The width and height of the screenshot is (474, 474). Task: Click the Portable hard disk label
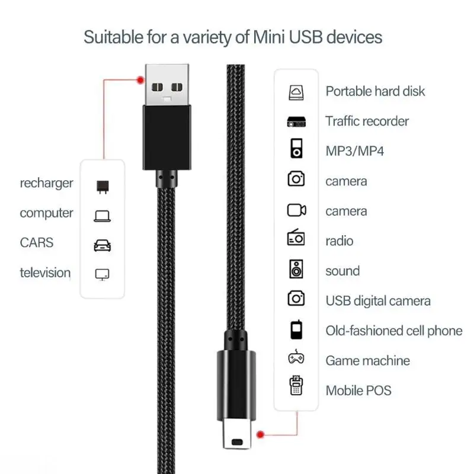click(375, 91)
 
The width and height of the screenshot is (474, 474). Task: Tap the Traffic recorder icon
click(296, 121)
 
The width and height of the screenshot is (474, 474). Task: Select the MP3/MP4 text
click(354, 151)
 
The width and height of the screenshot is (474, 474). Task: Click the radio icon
click(296, 239)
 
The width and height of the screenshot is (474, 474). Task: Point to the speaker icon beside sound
click(296, 269)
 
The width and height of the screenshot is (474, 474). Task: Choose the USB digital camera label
click(378, 301)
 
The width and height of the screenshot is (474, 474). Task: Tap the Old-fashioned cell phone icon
click(296, 330)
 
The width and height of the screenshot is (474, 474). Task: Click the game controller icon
click(296, 358)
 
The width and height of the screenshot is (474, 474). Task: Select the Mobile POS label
click(358, 390)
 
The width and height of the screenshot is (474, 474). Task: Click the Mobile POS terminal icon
click(296, 386)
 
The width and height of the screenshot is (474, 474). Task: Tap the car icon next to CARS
click(103, 245)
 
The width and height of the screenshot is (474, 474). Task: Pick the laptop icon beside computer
click(103, 216)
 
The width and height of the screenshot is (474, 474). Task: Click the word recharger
click(47, 183)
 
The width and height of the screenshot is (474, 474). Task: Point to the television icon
click(103, 274)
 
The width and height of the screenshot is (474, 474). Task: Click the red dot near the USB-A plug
click(140, 79)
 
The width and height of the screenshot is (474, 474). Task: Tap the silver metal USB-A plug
click(166, 84)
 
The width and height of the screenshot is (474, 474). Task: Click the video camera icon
click(296, 210)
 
